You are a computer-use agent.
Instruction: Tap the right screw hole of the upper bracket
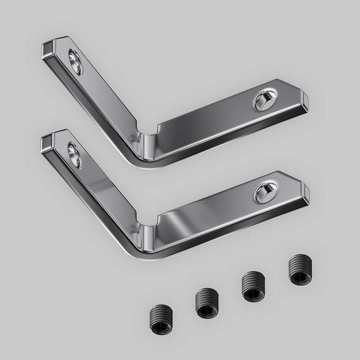(265, 100)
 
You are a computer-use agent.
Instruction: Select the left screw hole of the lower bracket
(75, 155)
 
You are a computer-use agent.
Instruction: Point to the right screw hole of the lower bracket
(265, 193)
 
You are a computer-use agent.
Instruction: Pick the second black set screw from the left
(205, 303)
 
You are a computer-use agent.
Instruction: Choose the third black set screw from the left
(253, 287)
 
